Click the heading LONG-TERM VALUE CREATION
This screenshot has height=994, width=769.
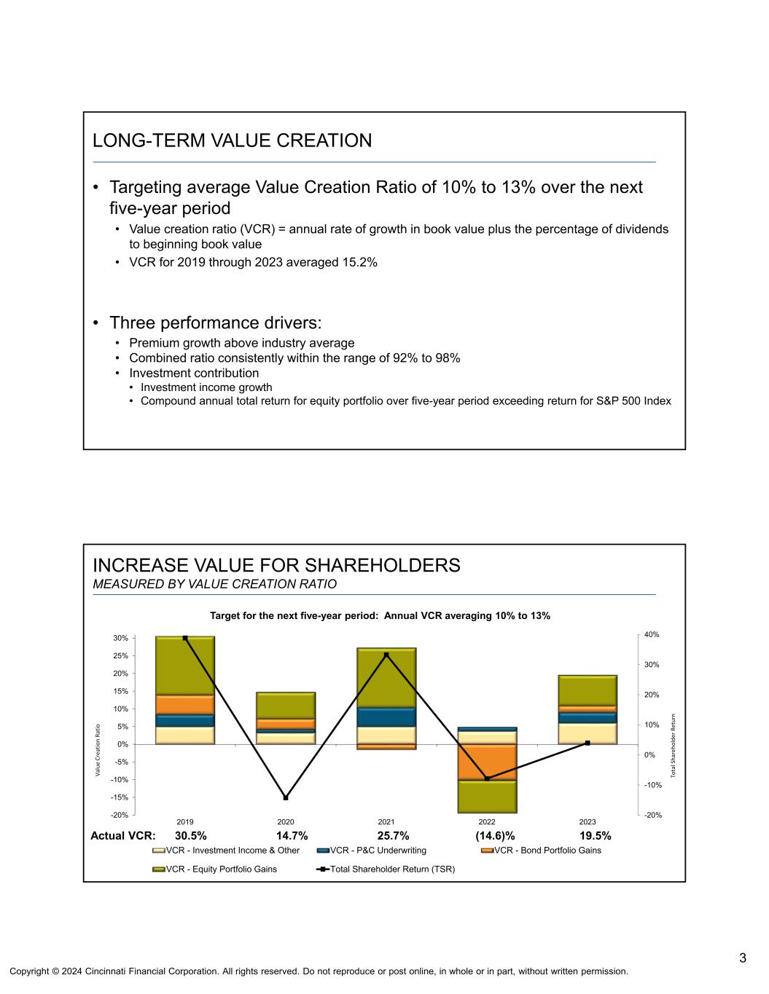point(232,141)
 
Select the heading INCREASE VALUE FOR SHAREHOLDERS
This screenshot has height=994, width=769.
point(276,565)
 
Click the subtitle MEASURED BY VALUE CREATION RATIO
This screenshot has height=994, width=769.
point(214,584)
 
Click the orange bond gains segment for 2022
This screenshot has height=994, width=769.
point(487,762)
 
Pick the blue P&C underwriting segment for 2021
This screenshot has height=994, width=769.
point(386,717)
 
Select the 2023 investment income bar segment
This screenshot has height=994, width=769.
point(588,733)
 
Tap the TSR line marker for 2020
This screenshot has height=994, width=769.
point(286,797)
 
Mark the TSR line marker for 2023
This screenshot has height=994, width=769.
point(588,743)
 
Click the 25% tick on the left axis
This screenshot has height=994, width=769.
point(121,655)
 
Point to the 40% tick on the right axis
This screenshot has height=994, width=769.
point(652,635)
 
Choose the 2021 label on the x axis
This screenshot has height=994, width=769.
point(386,822)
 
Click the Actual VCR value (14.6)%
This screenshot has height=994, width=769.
point(495,835)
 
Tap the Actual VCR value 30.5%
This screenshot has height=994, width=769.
point(190,835)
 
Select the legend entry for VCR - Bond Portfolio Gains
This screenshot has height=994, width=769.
point(547,850)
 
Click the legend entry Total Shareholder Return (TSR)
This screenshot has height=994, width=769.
point(392,869)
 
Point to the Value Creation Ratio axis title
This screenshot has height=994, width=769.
point(97,749)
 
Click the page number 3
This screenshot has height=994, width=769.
point(743,957)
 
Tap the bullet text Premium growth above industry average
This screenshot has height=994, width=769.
point(241,342)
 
